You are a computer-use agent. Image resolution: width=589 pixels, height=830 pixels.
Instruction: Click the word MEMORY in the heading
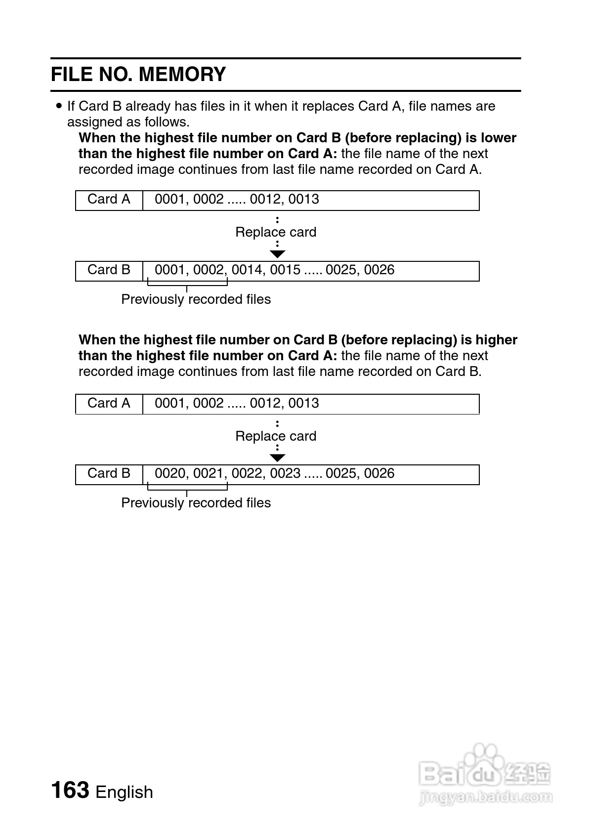[182, 75]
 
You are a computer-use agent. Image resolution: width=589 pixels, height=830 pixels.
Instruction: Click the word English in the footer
[124, 792]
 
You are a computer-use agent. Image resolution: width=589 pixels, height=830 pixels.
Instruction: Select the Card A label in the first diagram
[109, 199]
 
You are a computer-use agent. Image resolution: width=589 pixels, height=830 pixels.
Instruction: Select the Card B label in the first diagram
[109, 270]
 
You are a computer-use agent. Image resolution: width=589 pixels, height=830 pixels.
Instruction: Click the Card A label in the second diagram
[109, 403]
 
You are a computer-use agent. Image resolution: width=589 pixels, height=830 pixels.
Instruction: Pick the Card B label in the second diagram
[109, 473]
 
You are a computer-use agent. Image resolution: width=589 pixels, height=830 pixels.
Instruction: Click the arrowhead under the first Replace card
[278, 254]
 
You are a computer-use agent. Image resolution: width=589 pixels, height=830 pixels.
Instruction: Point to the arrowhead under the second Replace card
[278, 457]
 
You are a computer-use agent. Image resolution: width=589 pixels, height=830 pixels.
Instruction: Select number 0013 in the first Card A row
[303, 199]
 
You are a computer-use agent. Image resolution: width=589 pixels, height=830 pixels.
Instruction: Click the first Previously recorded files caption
[196, 299]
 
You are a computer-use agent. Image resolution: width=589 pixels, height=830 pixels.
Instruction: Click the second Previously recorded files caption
[196, 503]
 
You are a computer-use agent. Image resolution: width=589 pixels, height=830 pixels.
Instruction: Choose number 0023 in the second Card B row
[285, 473]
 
